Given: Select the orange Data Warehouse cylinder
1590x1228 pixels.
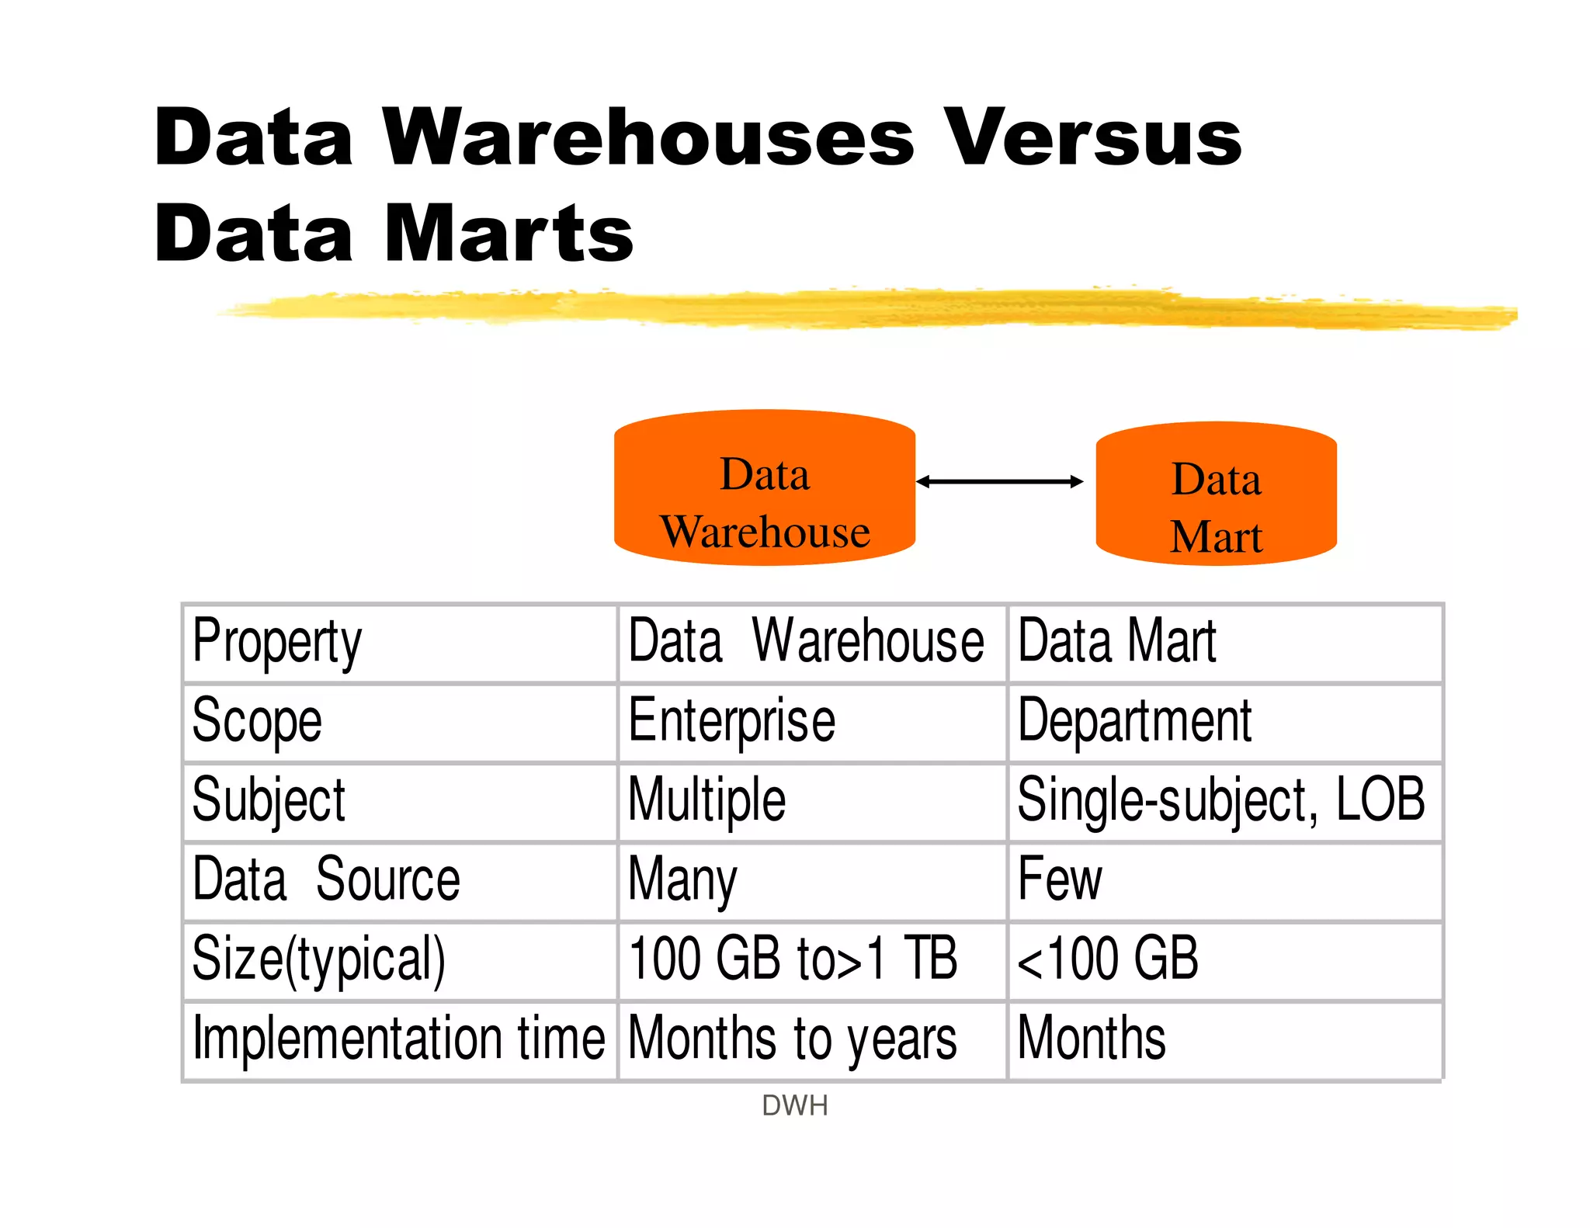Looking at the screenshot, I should click(x=765, y=487).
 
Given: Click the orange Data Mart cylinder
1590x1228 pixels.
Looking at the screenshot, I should click(x=1216, y=494).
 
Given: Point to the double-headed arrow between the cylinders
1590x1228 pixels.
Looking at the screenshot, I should click(x=999, y=482).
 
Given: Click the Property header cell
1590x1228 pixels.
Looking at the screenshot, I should click(x=277, y=643).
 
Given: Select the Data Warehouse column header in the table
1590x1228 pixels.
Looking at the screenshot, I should click(x=806, y=643).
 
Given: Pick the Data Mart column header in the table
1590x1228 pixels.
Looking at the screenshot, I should click(x=1116, y=643).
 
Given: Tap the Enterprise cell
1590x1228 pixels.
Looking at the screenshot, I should click(x=731, y=722).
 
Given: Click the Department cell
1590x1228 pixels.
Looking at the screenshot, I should click(x=1134, y=722).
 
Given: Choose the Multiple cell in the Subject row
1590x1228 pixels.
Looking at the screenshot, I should click(x=706, y=801).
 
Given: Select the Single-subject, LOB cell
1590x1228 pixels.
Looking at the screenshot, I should click(x=1220, y=801).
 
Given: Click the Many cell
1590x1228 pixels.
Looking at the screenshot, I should click(x=682, y=881).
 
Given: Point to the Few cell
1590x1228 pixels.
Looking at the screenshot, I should click(x=1060, y=881).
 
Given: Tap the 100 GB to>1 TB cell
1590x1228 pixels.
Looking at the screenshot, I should click(x=792, y=960).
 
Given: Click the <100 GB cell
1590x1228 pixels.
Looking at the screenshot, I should click(x=1108, y=960).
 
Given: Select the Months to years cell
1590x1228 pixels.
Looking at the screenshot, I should click(x=792, y=1039).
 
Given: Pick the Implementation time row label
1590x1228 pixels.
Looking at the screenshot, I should click(x=398, y=1039).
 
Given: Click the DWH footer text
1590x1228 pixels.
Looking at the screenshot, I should click(x=795, y=1105).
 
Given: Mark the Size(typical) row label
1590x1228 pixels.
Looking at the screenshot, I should click(x=318, y=960).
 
